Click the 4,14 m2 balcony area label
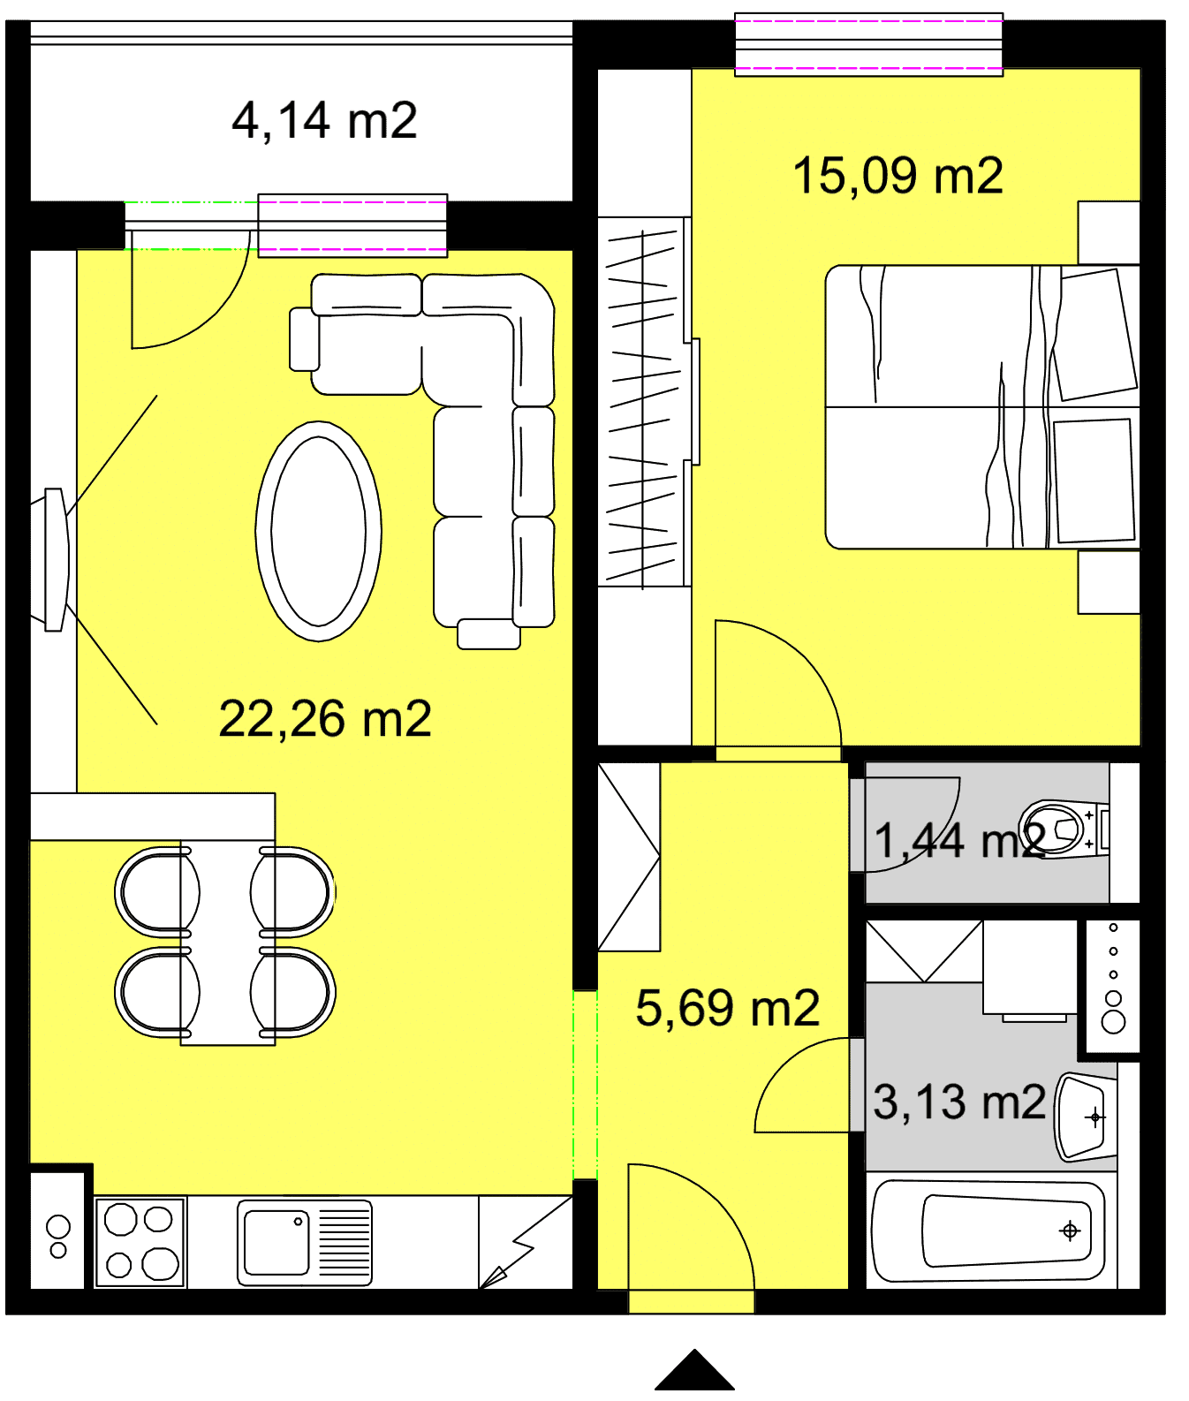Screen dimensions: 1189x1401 tap(324, 120)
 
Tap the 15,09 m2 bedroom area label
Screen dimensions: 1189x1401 tap(897, 175)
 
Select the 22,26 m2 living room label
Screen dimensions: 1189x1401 tap(325, 718)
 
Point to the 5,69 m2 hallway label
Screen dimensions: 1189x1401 tap(728, 1008)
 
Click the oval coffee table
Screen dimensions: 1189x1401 tap(318, 531)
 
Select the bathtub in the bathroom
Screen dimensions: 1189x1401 tap(988, 1231)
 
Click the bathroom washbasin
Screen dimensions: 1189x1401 tap(1086, 1117)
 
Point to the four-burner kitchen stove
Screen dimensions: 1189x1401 tap(140, 1242)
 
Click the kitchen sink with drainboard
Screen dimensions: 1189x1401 tap(305, 1242)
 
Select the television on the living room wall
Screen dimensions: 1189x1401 tap(53, 560)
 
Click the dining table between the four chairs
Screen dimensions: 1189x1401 tap(228, 943)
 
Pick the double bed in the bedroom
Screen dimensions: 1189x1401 tap(982, 407)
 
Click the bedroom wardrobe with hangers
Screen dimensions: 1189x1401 tap(645, 402)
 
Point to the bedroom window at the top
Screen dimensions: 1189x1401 tap(868, 44)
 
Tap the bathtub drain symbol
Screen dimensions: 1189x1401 tap(1070, 1231)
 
